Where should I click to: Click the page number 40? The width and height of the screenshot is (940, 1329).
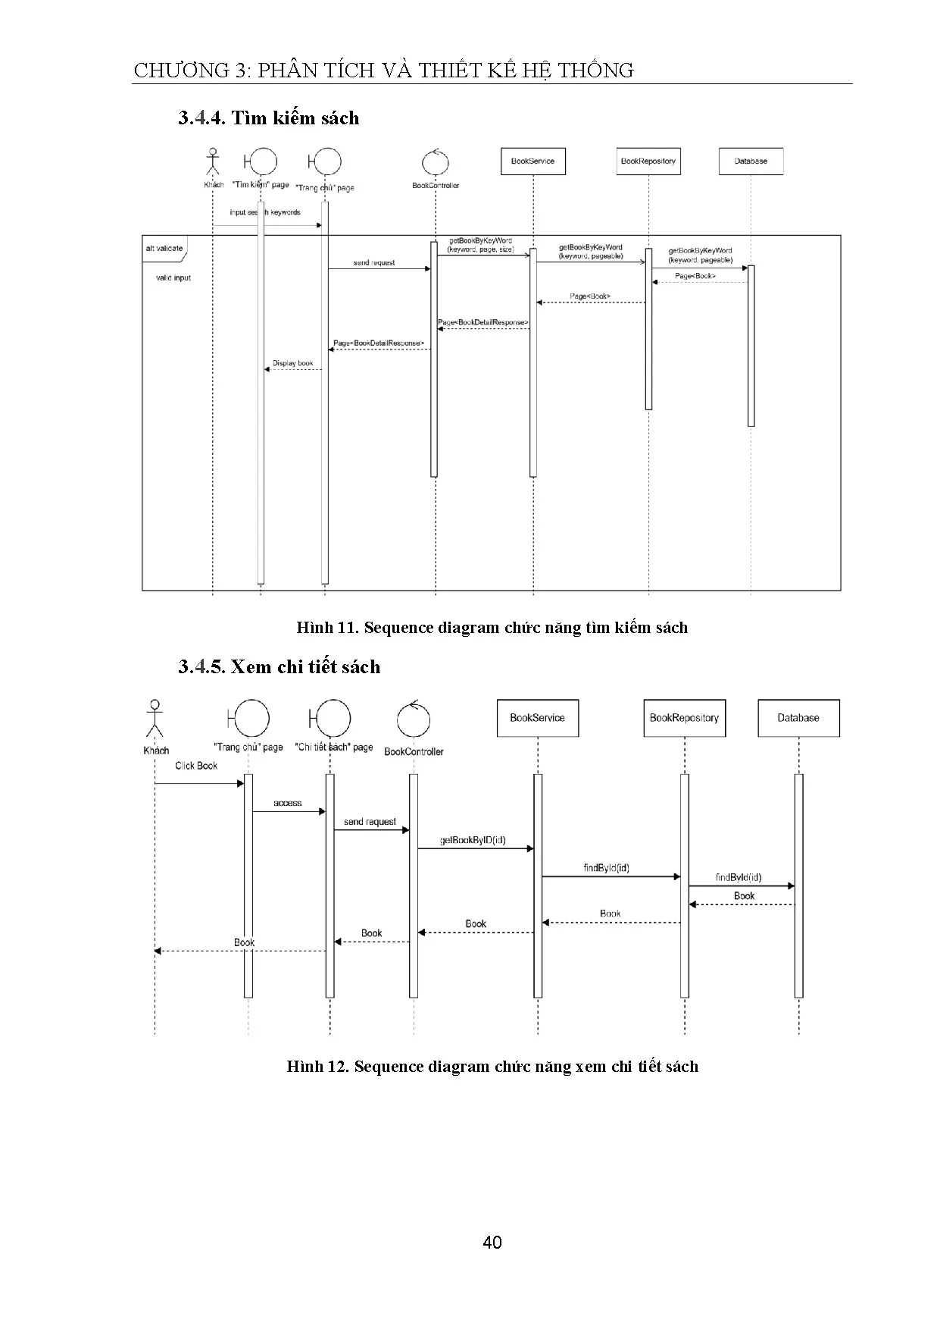coord(492,1242)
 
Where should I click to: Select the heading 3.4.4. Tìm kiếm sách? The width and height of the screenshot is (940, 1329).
coord(268,118)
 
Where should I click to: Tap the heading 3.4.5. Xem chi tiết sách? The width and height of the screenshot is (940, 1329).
coord(279,667)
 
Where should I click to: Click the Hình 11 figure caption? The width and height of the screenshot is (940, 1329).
coord(492,628)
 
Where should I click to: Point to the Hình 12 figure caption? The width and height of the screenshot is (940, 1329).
coord(492,1067)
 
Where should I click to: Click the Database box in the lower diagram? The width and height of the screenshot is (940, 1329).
coord(798,718)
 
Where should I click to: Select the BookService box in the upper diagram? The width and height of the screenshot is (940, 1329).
coord(532,161)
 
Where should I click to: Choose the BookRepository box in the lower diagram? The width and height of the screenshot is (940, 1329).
coord(684,718)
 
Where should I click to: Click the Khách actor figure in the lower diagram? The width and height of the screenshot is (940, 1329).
coord(155,718)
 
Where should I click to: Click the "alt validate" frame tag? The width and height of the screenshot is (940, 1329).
coord(164,249)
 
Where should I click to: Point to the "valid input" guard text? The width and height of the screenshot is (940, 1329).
coord(173,278)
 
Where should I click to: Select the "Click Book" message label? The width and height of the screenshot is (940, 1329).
coord(196,766)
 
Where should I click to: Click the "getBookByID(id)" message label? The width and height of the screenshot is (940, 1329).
coord(473,840)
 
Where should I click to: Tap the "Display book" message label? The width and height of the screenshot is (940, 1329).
coord(292,363)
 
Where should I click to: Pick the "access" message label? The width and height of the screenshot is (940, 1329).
coord(288,803)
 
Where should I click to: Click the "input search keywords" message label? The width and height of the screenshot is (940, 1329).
coord(265,212)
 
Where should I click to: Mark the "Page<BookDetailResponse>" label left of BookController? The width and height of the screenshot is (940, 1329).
coord(378,343)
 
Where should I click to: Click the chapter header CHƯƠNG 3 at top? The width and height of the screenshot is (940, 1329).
coord(383,71)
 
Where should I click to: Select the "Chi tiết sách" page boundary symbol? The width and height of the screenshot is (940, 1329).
coord(331,717)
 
